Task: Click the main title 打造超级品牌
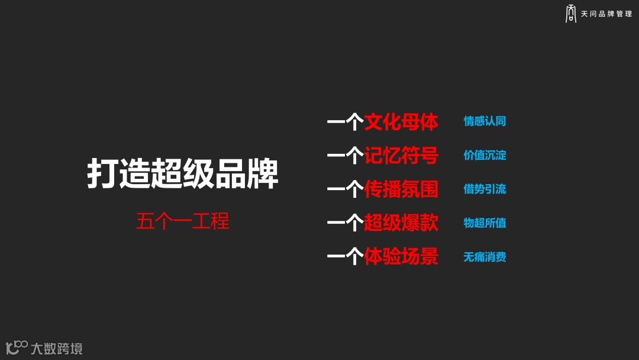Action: click(183, 173)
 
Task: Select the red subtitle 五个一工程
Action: click(183, 221)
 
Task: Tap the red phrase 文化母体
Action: click(401, 122)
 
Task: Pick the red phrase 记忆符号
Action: click(401, 156)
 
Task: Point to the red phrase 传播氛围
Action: click(401, 189)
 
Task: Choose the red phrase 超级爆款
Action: click(401, 223)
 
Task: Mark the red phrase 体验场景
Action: click(401, 257)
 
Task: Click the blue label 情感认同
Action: click(485, 121)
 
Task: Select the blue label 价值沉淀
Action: click(485, 155)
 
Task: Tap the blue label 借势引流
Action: click(485, 189)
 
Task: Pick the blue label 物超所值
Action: click(485, 223)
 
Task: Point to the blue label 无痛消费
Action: click(485, 257)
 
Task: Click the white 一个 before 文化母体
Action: click(345, 122)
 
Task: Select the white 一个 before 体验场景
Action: click(345, 257)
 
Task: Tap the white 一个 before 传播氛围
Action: click(345, 189)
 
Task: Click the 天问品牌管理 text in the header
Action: click(606, 14)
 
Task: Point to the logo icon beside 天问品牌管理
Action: click(571, 14)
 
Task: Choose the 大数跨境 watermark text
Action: click(57, 348)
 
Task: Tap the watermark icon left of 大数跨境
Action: click(17, 347)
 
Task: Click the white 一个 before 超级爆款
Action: click(345, 223)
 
